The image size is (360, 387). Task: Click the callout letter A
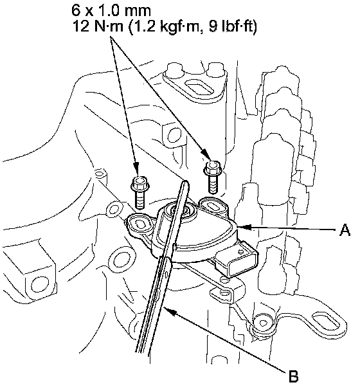click(345, 231)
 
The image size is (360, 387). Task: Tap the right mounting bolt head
click(212, 168)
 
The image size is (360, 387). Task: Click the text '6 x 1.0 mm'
click(111, 10)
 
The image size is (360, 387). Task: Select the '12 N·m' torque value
click(98, 26)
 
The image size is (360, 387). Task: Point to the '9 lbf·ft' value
click(233, 26)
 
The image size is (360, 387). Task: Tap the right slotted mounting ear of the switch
click(214, 205)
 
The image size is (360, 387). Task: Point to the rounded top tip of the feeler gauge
click(185, 183)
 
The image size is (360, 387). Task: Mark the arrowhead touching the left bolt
click(135, 167)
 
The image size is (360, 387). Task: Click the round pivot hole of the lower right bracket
click(262, 323)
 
